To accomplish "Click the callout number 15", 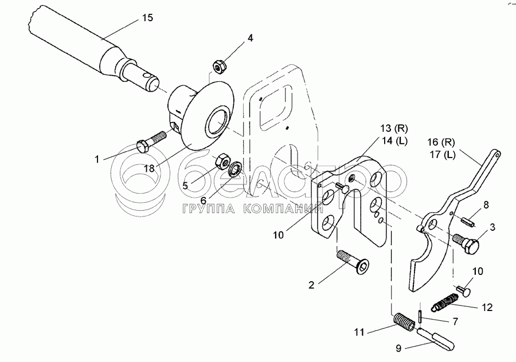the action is click(147, 18).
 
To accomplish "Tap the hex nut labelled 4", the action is click(218, 66).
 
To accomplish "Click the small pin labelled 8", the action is click(464, 221).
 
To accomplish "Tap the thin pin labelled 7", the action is click(422, 316).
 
